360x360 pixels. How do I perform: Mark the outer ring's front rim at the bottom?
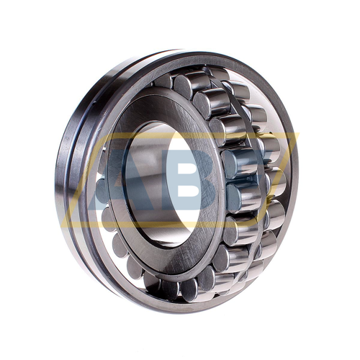click(194, 306)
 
